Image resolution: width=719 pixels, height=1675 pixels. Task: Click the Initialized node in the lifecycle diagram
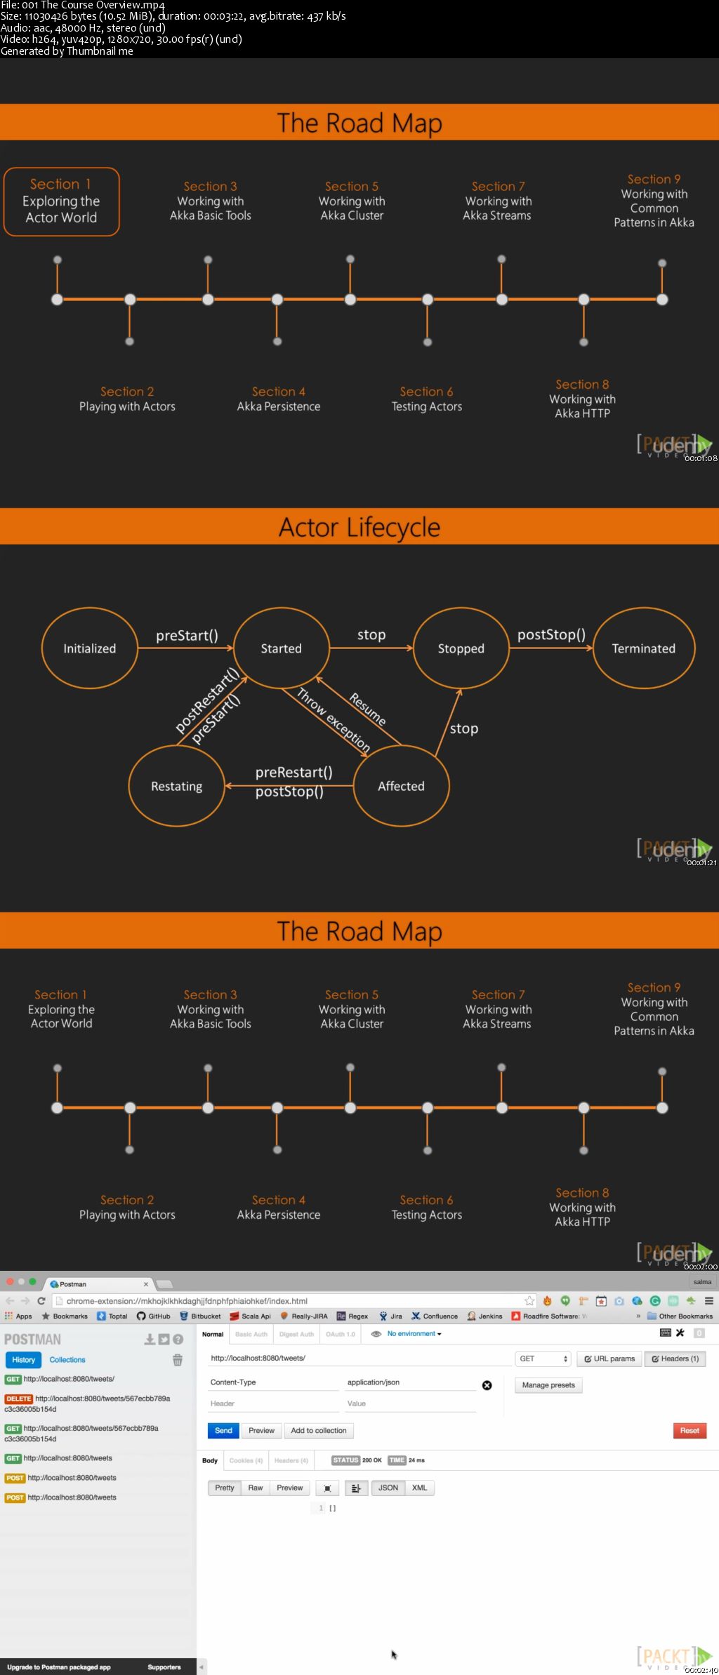pos(89,648)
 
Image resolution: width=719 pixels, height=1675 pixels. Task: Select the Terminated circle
pos(643,648)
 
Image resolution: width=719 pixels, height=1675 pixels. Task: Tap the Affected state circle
pos(401,786)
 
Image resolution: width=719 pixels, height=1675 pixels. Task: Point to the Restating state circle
pos(176,786)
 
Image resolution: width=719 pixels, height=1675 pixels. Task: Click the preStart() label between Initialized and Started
pos(187,635)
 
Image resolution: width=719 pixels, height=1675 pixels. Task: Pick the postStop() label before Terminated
pos(551,634)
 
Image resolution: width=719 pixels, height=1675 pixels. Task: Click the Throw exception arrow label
pos(334,720)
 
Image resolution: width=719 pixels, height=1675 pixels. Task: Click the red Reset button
pos(689,1430)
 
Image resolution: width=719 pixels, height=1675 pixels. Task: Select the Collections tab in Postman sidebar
pos(67,1359)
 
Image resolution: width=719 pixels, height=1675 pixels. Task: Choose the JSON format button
pos(388,1488)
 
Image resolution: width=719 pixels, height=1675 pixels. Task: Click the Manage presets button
pos(548,1385)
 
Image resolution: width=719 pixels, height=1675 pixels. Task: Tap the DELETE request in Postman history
pos(19,1399)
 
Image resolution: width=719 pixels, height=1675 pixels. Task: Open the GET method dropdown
pos(543,1359)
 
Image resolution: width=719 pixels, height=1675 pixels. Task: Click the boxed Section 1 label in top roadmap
pos(61,201)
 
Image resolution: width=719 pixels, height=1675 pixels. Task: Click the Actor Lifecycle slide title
pos(359,527)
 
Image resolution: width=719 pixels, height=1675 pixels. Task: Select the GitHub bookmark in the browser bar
pos(154,1316)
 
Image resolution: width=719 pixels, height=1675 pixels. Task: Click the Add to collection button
pos(318,1430)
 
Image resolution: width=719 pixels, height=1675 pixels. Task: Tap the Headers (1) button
pos(675,1359)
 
